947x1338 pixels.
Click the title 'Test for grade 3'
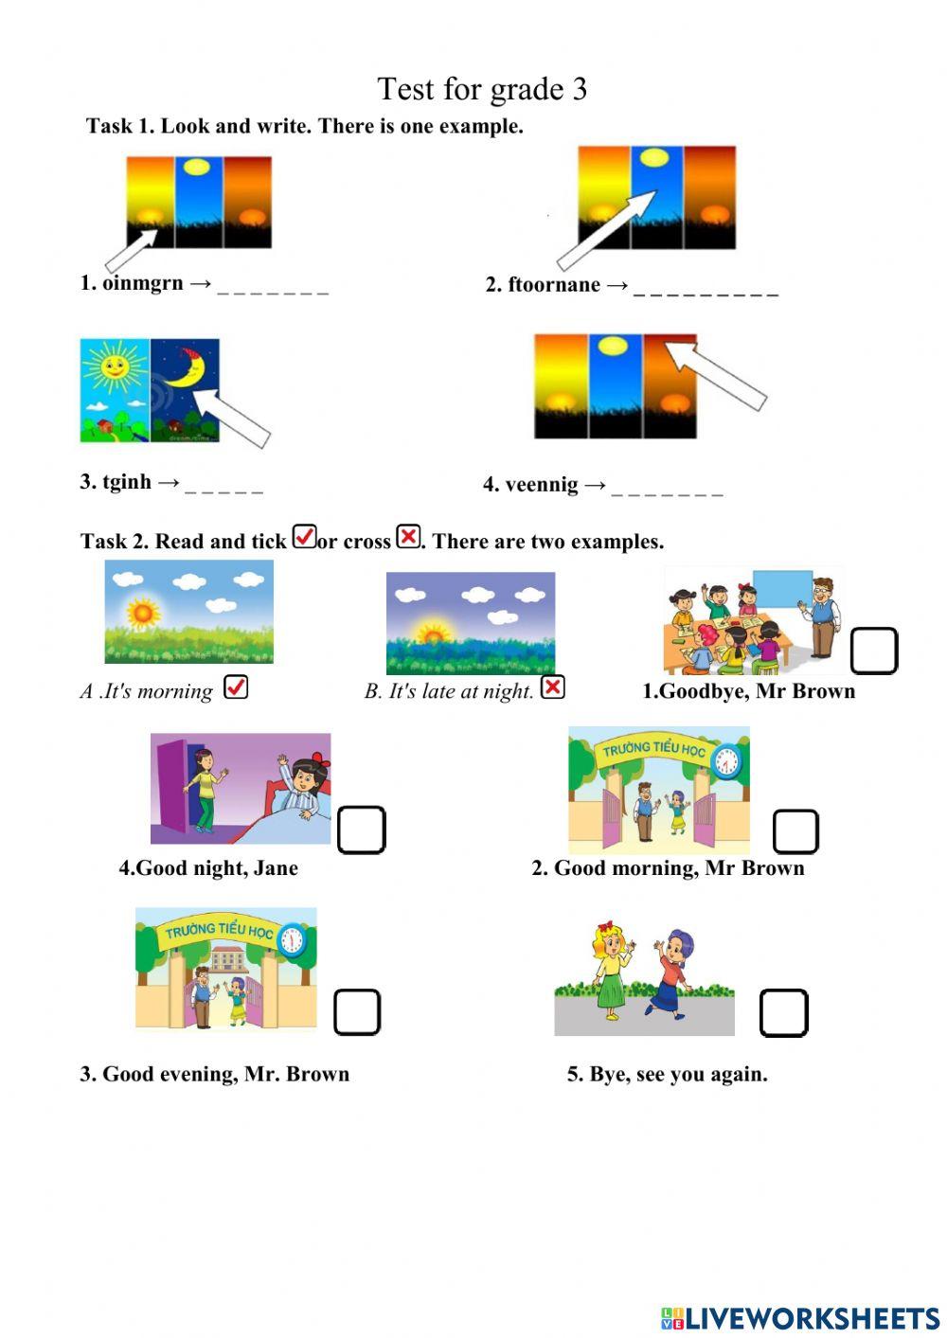click(482, 90)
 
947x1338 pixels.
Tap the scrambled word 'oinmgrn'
click(143, 282)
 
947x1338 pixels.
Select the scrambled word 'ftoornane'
click(554, 284)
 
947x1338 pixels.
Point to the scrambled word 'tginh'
click(127, 481)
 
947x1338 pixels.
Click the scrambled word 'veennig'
click(542, 485)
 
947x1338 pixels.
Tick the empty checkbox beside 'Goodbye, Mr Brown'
click(874, 651)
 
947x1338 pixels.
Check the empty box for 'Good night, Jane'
click(362, 830)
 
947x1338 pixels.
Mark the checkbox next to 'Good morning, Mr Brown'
click(795, 831)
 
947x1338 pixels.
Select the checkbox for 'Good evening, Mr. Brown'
click(357, 1012)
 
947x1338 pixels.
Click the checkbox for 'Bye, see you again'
click(784, 1013)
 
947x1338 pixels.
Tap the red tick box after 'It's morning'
click(236, 687)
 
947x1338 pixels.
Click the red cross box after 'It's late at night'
click(553, 687)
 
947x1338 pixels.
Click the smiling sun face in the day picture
click(115, 365)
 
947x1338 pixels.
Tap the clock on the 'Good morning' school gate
click(726, 762)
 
